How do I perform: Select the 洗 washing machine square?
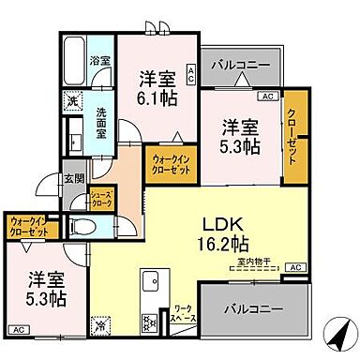(72, 100)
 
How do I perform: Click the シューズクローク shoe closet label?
(101, 199)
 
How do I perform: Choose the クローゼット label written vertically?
(296, 136)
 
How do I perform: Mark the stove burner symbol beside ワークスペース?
(149, 322)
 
